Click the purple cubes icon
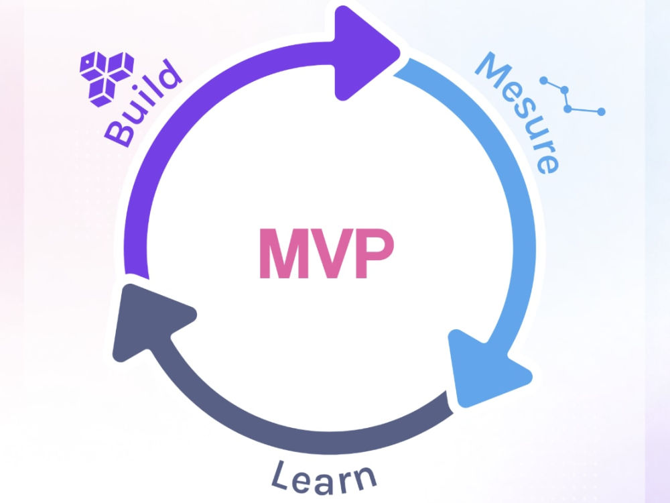point(107,78)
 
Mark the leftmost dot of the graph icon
point(543,80)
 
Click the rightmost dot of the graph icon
point(601,111)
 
